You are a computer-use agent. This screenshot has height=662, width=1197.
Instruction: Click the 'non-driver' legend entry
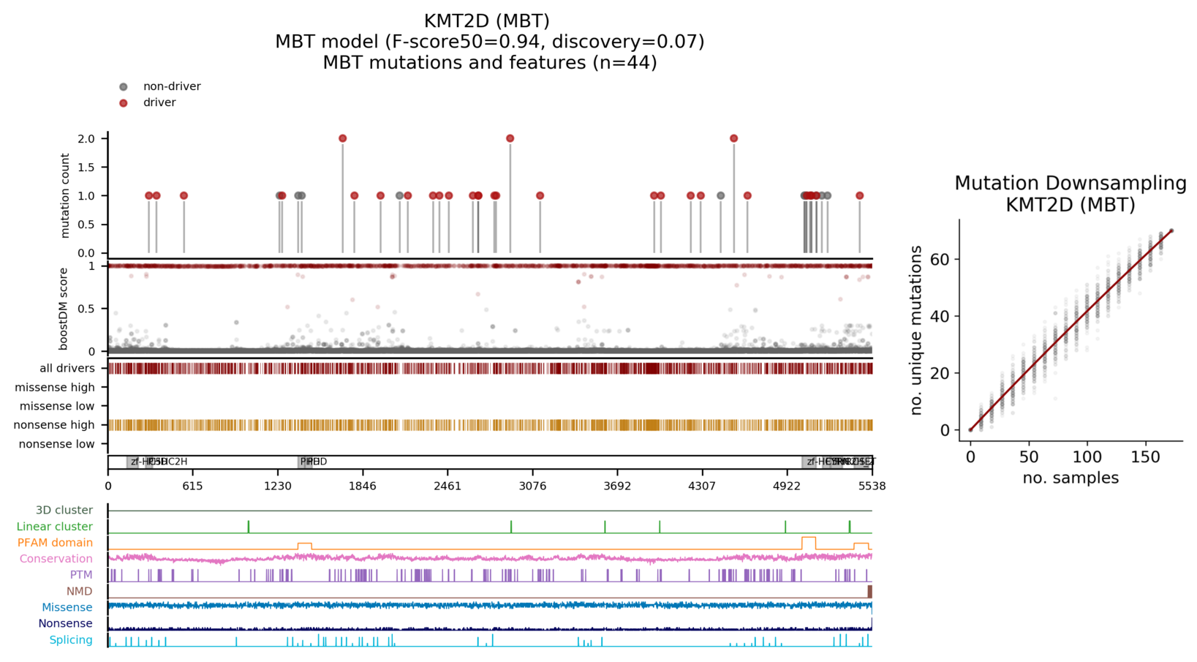pos(171,86)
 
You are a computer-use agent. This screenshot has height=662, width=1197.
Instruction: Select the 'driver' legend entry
pos(159,102)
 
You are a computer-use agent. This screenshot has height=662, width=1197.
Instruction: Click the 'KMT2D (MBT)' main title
pos(486,21)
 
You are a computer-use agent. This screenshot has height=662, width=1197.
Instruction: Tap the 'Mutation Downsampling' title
pos(1070,183)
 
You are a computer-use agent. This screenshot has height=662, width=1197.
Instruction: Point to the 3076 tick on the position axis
pos(532,486)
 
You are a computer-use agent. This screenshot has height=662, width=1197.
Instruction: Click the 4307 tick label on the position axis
pos(702,486)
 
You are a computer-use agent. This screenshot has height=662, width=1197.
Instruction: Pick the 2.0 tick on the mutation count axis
pos(86,139)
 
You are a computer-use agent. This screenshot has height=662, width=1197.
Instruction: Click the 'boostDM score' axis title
pos(64,309)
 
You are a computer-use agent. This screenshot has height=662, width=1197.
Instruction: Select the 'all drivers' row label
pos(67,368)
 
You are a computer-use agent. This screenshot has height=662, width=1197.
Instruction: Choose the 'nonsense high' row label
pos(54,425)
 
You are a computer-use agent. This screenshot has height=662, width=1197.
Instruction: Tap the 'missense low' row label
pos(57,406)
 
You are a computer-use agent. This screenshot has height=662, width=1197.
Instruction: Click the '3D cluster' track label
pos(64,510)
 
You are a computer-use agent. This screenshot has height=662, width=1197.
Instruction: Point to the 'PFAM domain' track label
pos(55,543)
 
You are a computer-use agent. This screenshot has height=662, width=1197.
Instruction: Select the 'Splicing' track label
pos(71,640)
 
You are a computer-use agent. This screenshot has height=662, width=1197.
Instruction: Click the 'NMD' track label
pos(80,591)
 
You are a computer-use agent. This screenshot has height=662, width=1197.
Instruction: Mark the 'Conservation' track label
pos(56,559)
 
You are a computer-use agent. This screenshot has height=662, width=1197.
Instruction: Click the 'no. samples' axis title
pos(1070,478)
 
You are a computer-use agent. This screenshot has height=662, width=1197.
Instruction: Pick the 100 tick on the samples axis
pos(1087,457)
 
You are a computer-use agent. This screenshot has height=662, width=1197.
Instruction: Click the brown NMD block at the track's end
pos(869,591)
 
